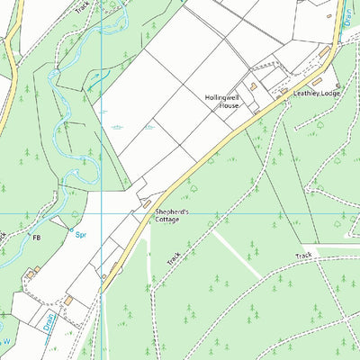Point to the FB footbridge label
click(37, 237)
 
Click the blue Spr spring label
click(80, 235)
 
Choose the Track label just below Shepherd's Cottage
click(174, 256)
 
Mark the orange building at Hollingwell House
click(254, 86)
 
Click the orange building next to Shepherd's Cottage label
click(147, 206)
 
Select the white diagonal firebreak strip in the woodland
click(236, 254)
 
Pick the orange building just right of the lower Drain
click(67, 300)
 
